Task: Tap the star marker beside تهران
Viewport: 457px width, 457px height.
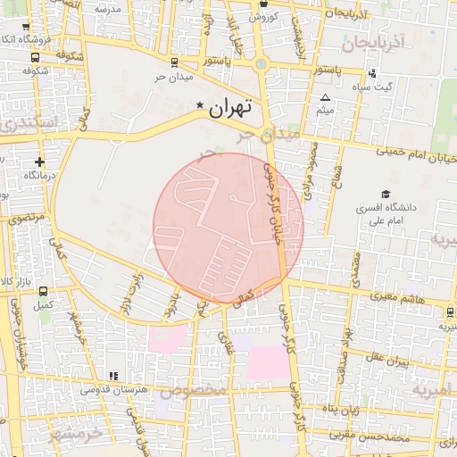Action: coord(199,105)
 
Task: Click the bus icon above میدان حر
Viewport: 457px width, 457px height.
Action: coord(172,62)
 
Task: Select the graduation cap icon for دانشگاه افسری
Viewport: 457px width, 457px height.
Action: coord(386,194)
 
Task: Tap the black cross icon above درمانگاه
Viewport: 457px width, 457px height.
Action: coord(38,162)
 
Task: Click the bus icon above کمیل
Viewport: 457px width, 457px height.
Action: coord(43,290)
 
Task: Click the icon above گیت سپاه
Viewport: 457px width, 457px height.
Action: coord(372,72)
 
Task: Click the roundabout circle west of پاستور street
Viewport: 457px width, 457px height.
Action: coord(261,63)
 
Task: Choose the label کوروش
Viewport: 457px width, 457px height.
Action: coord(265,16)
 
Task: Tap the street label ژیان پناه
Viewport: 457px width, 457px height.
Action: coord(340,410)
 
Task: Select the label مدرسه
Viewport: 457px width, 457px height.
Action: coord(106,8)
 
